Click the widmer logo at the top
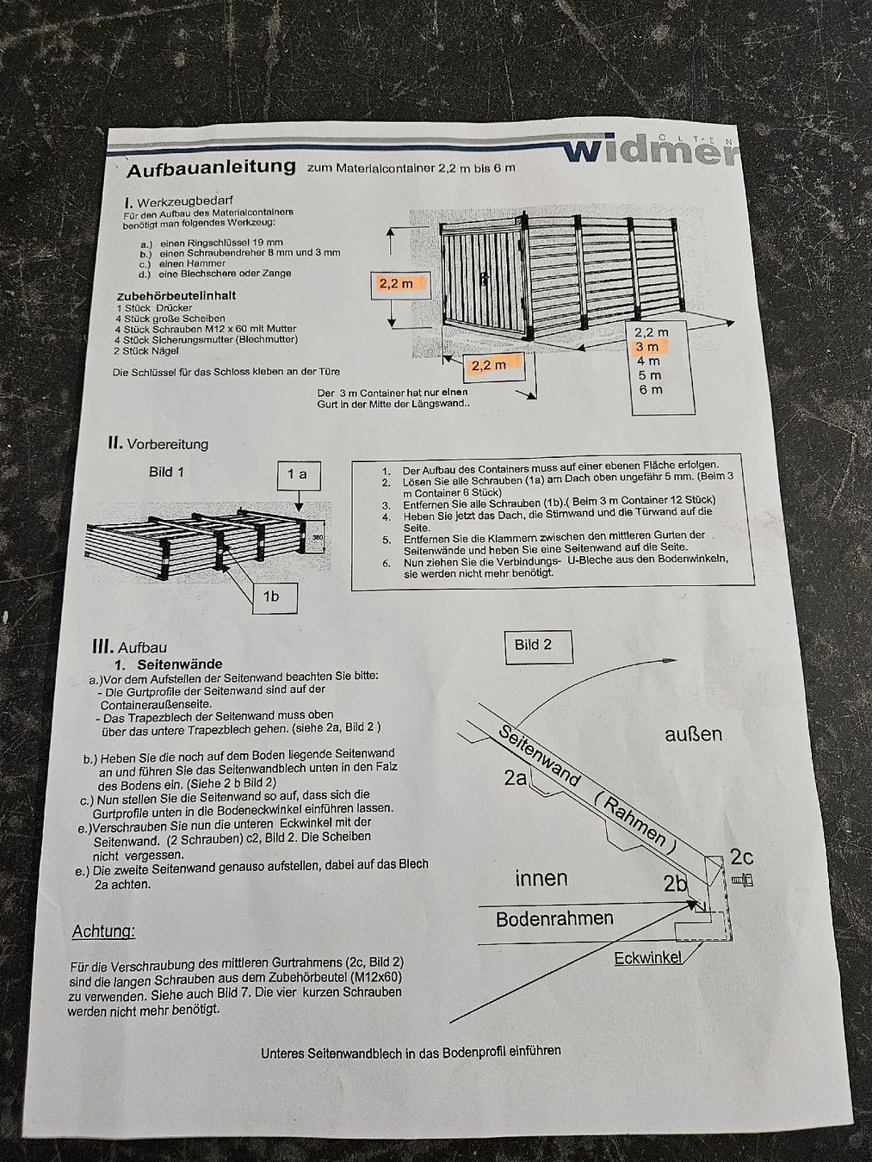click(x=649, y=151)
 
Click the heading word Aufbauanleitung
click(x=211, y=169)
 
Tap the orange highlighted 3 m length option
click(x=647, y=347)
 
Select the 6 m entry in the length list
click(x=650, y=390)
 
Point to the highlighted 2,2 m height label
click(x=397, y=284)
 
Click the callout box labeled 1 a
click(x=298, y=475)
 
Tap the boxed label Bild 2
click(x=539, y=646)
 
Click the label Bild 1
click(x=166, y=473)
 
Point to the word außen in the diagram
click(x=694, y=733)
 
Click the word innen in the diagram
click(x=541, y=878)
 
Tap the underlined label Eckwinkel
click(x=648, y=958)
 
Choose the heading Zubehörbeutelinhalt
click(x=176, y=295)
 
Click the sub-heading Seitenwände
click(x=180, y=664)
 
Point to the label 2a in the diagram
click(x=516, y=777)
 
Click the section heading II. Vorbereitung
click(x=158, y=443)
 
